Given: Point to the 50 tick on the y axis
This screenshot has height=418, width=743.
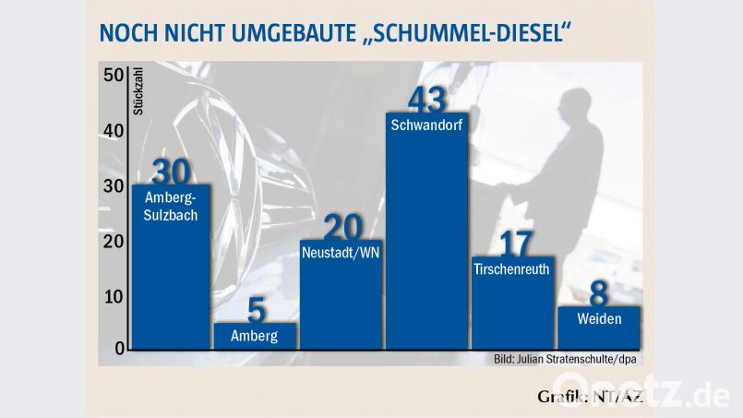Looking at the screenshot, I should click(x=113, y=76).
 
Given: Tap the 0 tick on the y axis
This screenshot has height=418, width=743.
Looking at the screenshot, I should click(x=119, y=349).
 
